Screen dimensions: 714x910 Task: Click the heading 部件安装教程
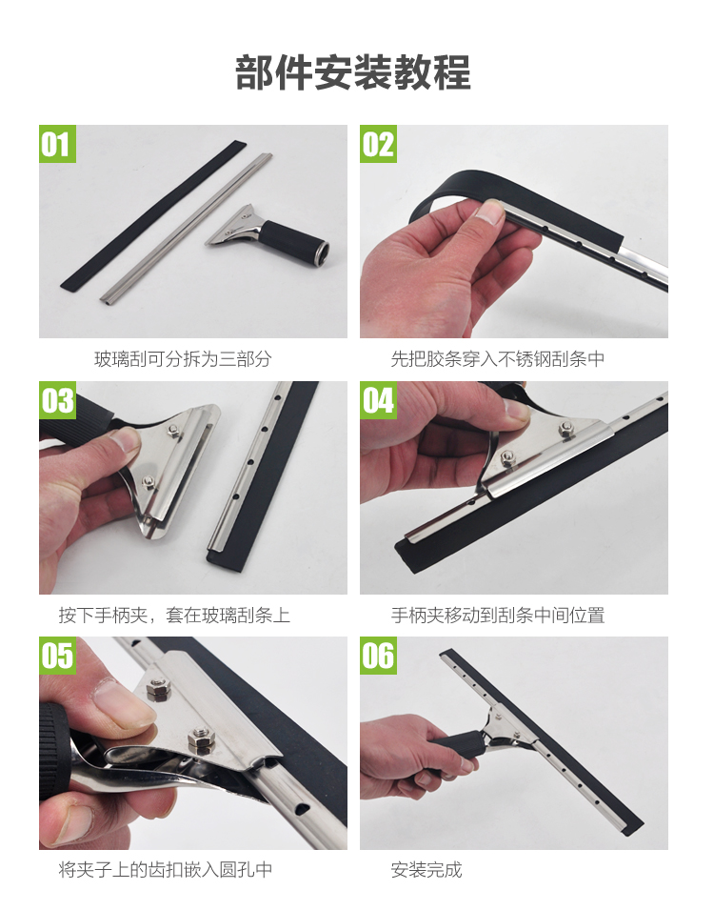pyautogui.click(x=352, y=72)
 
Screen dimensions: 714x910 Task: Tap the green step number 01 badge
pyautogui.click(x=57, y=144)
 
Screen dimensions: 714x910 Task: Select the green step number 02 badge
pyautogui.click(x=378, y=144)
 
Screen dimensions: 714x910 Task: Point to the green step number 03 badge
pyautogui.click(x=57, y=400)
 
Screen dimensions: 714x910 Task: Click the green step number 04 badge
pyautogui.click(x=378, y=400)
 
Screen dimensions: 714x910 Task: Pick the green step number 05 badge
pyautogui.click(x=57, y=656)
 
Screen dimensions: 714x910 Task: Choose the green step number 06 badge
pyautogui.click(x=378, y=656)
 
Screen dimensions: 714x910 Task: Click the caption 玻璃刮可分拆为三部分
pyautogui.click(x=183, y=358)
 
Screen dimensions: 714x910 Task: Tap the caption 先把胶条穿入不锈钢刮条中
pyautogui.click(x=498, y=358)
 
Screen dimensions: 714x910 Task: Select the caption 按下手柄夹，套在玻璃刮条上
pyautogui.click(x=174, y=615)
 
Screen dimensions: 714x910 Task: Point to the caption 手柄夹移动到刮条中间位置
pyautogui.click(x=498, y=615)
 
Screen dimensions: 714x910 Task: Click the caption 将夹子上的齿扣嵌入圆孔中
pyautogui.click(x=166, y=869)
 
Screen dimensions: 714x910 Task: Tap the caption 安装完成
pyautogui.click(x=426, y=869)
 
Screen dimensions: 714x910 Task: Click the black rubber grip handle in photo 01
pyautogui.click(x=294, y=243)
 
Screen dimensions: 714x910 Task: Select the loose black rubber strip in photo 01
pyautogui.click(x=152, y=214)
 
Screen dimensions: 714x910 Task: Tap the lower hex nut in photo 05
pyautogui.click(x=201, y=739)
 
